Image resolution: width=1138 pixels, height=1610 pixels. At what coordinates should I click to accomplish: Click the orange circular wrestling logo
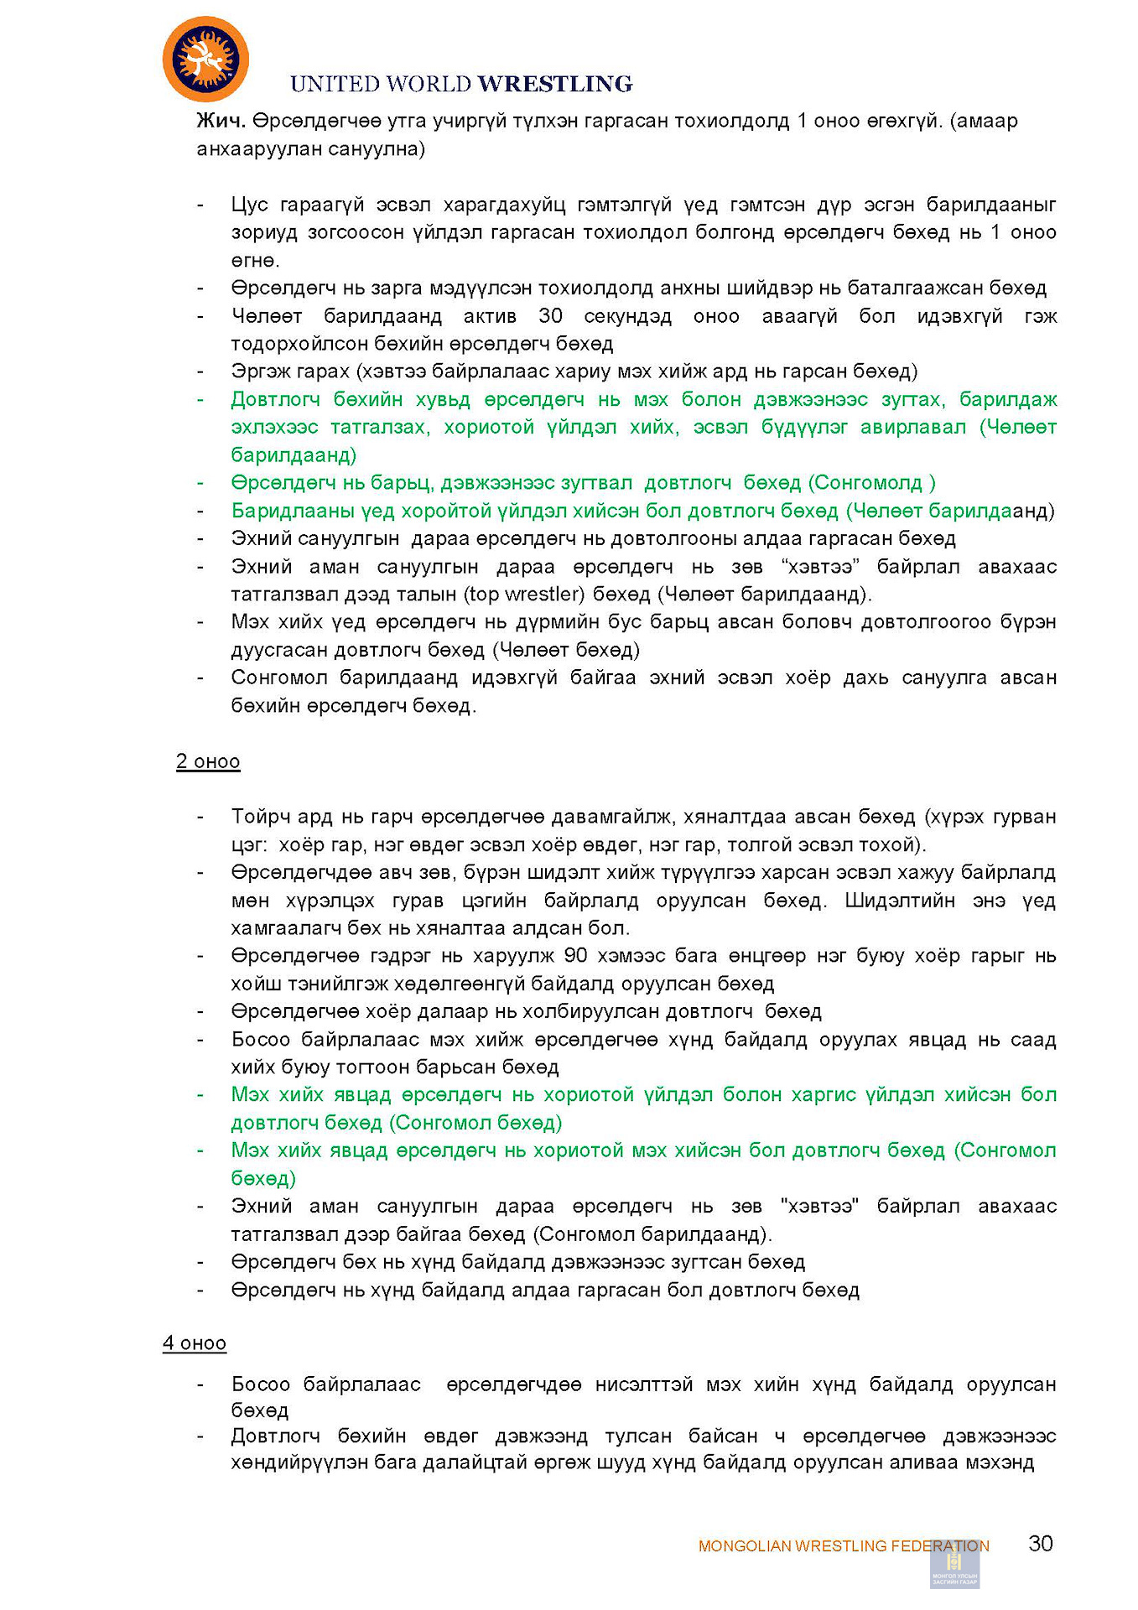(205, 60)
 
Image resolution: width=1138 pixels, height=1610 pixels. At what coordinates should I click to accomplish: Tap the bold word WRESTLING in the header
(555, 84)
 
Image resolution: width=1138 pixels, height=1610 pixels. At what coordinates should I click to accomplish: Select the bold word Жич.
(221, 121)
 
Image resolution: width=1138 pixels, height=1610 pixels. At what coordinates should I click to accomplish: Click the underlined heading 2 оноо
(208, 761)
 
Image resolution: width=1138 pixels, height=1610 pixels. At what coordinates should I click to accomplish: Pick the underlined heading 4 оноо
(195, 1343)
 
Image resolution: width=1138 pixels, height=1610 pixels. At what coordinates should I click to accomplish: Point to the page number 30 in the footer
(1041, 1544)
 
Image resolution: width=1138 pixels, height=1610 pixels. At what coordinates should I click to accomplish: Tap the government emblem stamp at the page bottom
(954, 1564)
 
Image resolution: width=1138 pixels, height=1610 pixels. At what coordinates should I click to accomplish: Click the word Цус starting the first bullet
(249, 205)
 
